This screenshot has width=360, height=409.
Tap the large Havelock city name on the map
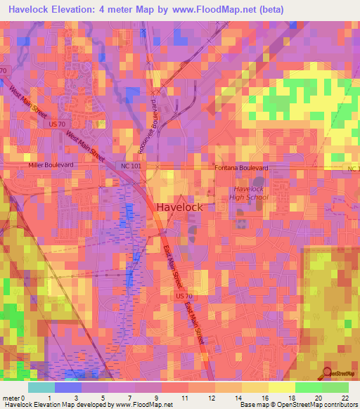[179, 207]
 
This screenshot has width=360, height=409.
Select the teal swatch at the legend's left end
[41, 387]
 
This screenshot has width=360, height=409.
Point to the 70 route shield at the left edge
[4, 71]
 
